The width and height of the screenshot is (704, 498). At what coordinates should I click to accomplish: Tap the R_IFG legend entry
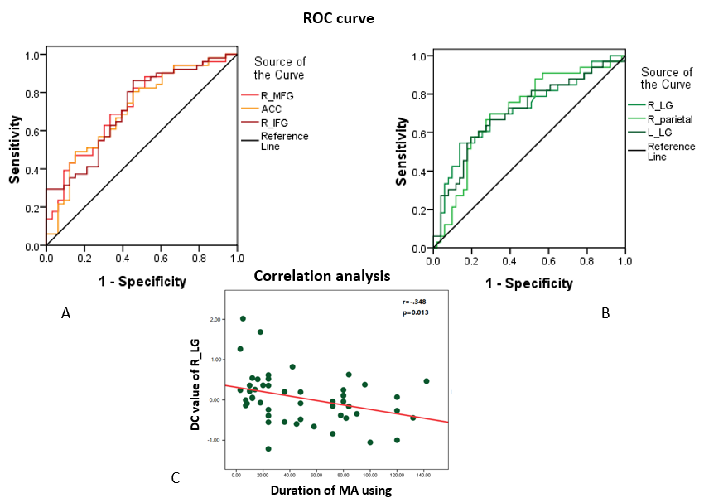(x=275, y=122)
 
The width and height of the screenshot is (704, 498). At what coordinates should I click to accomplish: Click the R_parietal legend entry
(x=670, y=118)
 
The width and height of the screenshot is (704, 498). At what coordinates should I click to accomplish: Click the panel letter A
(x=65, y=313)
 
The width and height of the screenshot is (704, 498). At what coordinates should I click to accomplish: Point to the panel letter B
(x=605, y=313)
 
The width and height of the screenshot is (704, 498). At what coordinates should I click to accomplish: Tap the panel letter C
(x=176, y=477)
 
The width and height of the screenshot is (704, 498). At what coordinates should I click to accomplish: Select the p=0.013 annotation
(x=415, y=312)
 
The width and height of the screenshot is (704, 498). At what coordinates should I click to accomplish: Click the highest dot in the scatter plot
(x=243, y=318)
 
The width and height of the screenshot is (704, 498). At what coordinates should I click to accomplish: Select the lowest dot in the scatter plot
(x=268, y=448)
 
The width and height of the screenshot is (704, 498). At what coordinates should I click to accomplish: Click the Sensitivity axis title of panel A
(x=16, y=149)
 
